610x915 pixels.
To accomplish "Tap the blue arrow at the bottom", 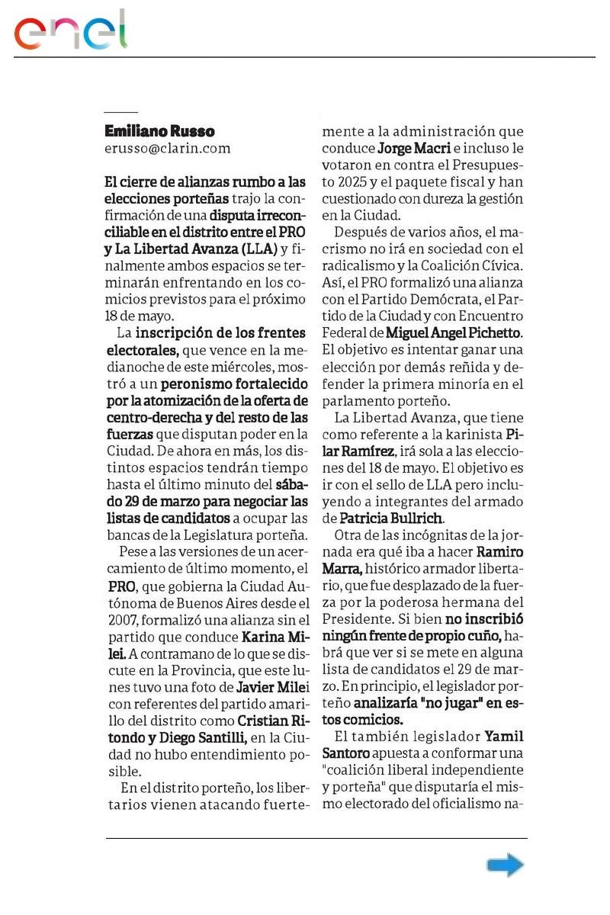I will (x=505, y=865).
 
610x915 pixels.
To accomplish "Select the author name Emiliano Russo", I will (x=159, y=131).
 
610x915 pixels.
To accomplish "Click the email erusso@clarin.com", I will (x=167, y=149).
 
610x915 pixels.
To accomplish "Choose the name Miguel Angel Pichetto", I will (x=454, y=332).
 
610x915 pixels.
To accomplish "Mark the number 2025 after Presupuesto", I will (x=337, y=182).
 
